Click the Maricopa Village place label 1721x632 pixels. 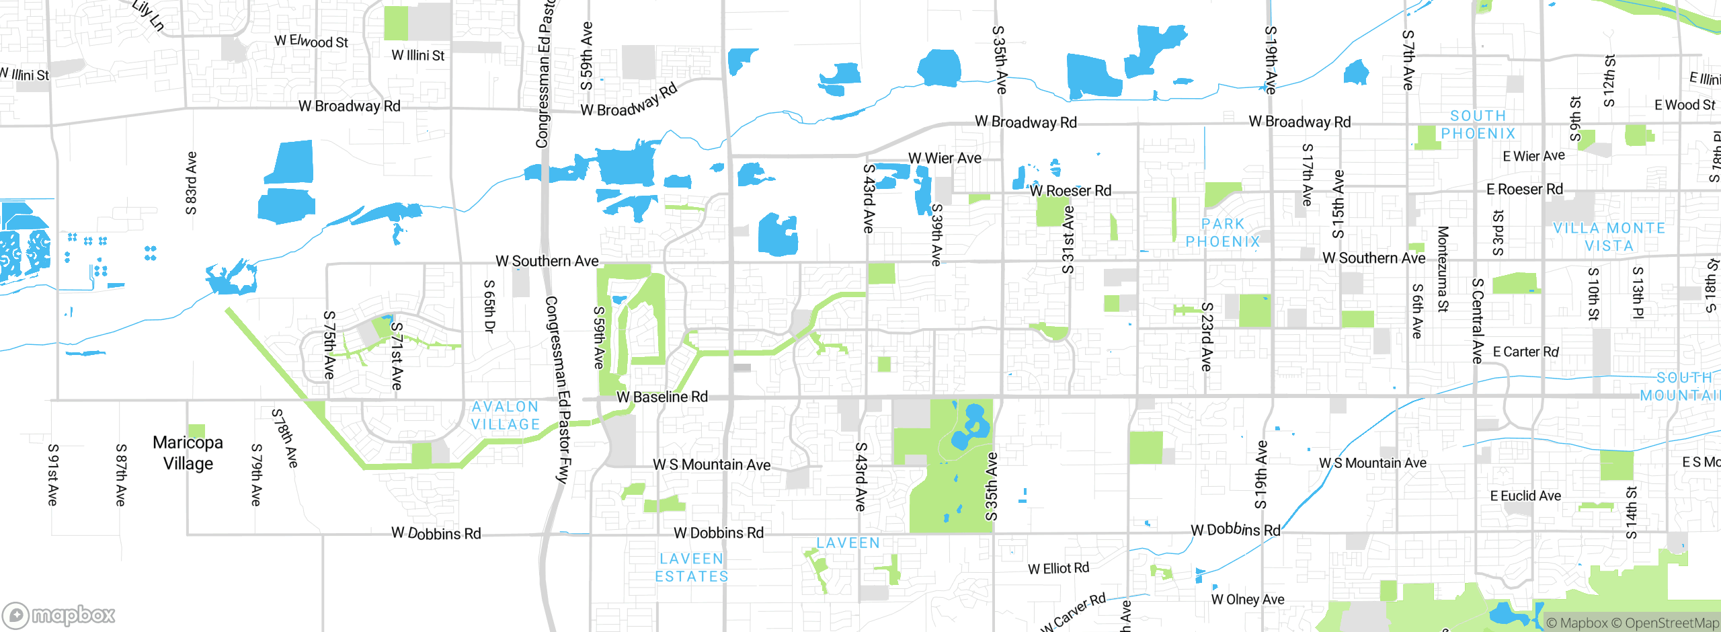click(188, 452)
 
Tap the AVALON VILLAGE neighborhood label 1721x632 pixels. click(506, 416)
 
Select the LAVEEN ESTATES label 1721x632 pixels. click(692, 567)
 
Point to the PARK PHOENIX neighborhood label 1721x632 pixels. click(1223, 233)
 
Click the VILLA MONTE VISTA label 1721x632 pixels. click(1609, 237)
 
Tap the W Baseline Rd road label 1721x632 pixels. click(662, 397)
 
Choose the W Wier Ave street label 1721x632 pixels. click(945, 158)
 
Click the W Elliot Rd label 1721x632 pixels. click(1058, 569)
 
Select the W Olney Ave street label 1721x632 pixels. click(1247, 599)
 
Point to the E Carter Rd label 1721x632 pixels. click(1525, 352)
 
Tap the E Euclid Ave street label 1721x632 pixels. click(1525, 496)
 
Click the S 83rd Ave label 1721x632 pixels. click(191, 183)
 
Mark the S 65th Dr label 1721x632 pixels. click(489, 307)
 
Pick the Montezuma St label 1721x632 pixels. click(1443, 269)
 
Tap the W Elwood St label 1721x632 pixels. click(311, 41)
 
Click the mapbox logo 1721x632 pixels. click(59, 615)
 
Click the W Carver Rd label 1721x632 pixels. click(1074, 613)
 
